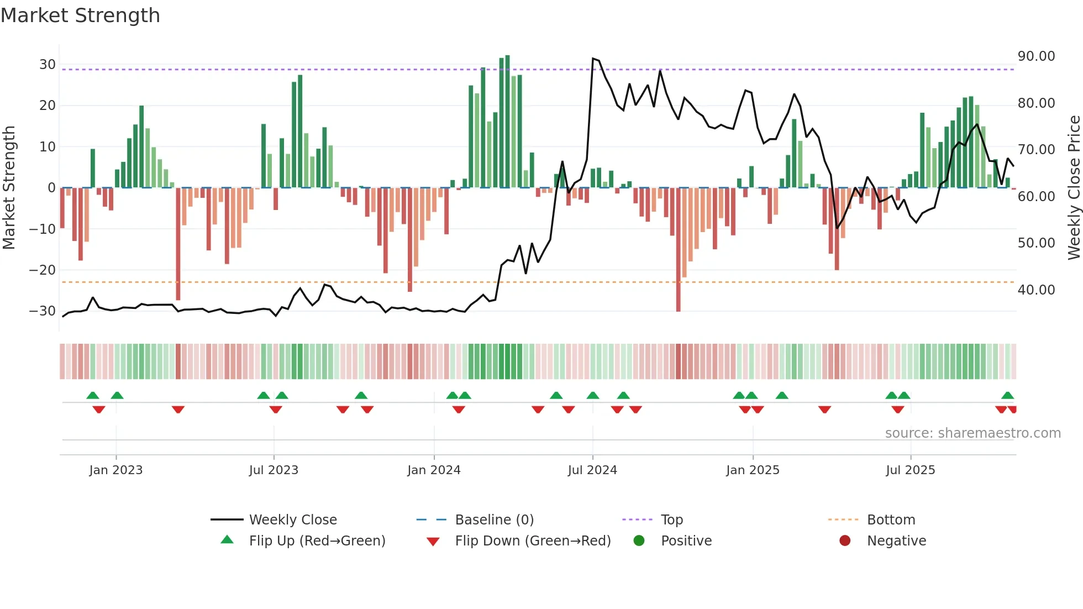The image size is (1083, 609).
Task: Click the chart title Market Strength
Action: point(81,15)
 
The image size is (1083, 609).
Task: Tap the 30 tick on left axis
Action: point(48,65)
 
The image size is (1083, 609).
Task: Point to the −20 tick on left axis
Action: point(43,270)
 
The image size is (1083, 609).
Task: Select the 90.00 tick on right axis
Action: point(1036,56)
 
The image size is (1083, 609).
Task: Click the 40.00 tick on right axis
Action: point(1036,290)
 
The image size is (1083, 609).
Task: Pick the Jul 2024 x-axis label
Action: point(592,470)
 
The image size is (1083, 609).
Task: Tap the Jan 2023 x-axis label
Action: point(116,470)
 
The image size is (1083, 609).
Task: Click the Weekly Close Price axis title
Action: point(1074,188)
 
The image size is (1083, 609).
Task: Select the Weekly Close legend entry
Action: point(293,520)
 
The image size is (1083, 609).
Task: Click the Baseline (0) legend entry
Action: point(494,520)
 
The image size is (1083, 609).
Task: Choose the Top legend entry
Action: point(672,520)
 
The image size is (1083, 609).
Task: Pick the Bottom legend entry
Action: point(891,520)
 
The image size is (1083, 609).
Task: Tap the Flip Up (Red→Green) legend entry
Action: point(317,541)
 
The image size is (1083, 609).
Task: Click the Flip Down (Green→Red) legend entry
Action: point(533,541)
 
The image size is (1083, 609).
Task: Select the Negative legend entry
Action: point(896,541)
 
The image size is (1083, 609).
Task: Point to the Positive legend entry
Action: point(686,541)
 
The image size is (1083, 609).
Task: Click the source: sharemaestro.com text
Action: point(972,433)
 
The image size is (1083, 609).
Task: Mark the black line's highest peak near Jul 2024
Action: point(593,59)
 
